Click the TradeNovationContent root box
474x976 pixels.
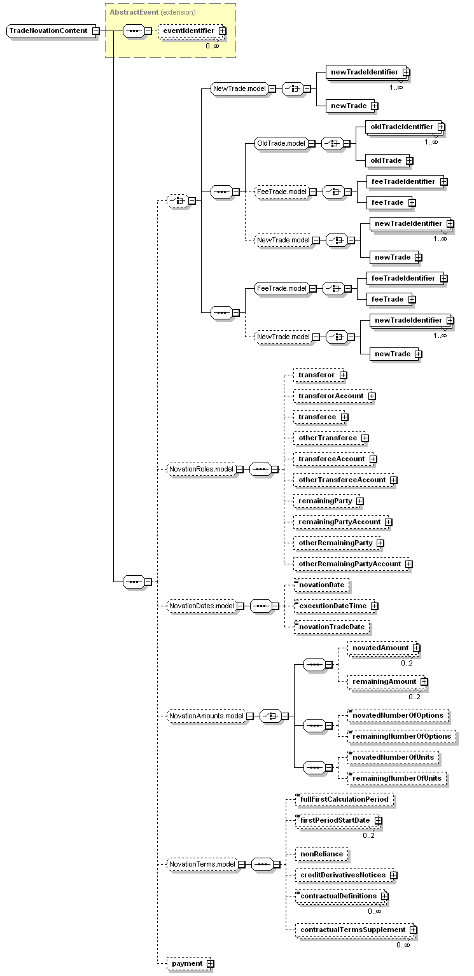tap(48, 31)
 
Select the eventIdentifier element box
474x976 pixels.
tap(188, 30)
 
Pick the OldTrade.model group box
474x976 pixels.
tap(280, 143)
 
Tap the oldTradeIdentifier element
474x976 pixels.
tap(401, 127)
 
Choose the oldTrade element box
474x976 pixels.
tap(386, 160)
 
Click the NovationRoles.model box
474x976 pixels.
tap(201, 469)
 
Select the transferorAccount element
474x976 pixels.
tap(331, 396)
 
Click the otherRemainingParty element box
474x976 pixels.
tap(335, 543)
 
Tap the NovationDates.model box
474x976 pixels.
tap(201, 606)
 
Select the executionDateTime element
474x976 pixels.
tap(333, 606)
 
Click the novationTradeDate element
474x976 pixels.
tap(331, 627)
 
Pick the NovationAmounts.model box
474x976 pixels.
tap(206, 716)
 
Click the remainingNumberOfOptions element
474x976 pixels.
tap(401, 736)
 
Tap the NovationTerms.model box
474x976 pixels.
tap(201, 864)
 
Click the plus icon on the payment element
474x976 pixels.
tap(210, 964)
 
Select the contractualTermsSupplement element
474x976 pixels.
tap(352, 930)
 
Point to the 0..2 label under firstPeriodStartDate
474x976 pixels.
tap(369, 835)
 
